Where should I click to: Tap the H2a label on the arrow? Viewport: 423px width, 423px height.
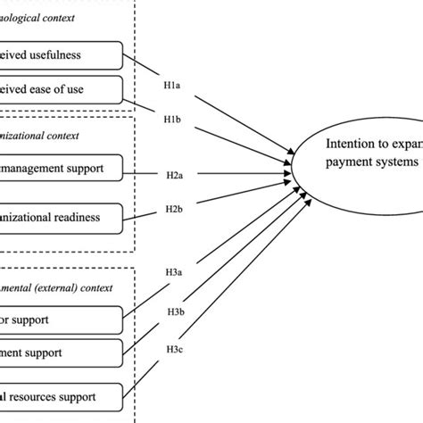174,176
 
